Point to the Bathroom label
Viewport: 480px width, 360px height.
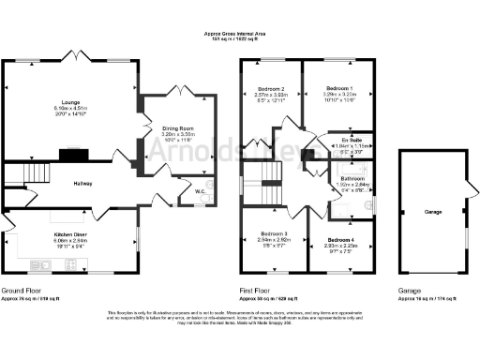[x=352, y=177]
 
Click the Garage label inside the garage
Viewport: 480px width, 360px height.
[x=432, y=213]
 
